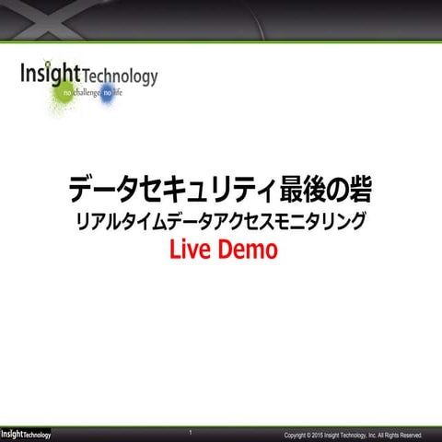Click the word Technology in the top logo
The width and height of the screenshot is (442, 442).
(120, 76)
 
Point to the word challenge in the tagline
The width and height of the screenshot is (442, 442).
(87, 95)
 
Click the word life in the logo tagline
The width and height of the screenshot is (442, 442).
(117, 95)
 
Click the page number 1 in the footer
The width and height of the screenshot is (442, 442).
(190, 432)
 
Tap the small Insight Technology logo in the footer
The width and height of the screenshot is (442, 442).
(25, 434)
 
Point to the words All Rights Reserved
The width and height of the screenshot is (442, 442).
(400, 435)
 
